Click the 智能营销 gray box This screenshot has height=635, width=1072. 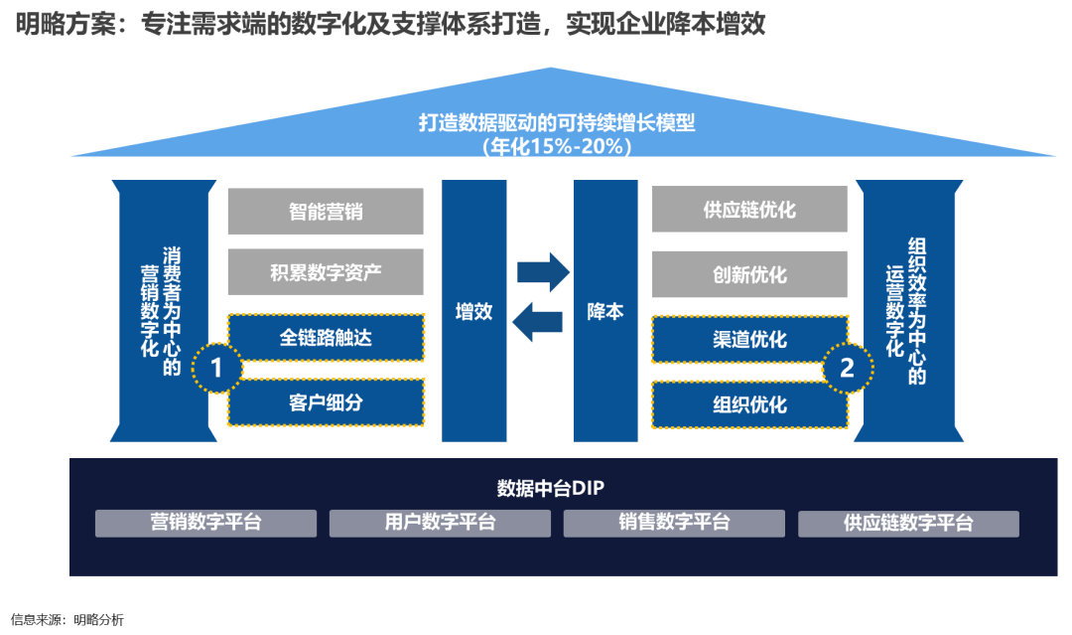326,212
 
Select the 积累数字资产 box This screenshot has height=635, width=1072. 326,272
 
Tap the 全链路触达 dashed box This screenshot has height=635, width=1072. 326,339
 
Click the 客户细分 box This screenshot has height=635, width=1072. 326,402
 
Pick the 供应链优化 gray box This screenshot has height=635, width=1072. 749,210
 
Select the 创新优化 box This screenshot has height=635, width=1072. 749,274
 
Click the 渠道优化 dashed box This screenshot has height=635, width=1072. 749,340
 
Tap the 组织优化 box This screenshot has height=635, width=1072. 749,404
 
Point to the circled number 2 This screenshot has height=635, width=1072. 847,369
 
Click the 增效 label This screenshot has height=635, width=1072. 473,311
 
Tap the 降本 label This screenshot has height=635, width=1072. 605,311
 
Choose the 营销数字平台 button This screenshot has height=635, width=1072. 205,523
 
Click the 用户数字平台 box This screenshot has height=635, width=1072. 440,523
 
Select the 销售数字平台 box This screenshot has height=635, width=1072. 674,523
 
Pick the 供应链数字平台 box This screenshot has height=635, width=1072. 908,524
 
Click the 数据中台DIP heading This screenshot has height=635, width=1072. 551,489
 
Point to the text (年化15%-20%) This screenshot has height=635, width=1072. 557,146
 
